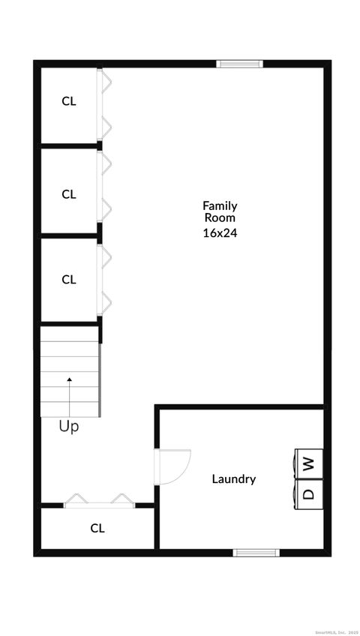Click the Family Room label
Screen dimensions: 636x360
pos(220,211)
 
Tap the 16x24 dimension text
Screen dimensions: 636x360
pos(220,232)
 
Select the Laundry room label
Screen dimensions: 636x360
pos(233,479)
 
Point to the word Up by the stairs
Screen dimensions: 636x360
pos(69,427)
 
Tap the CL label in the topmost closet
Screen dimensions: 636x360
pos(69,101)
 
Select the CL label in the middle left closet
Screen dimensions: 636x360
pos(69,194)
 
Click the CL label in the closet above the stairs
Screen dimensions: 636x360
pos(69,280)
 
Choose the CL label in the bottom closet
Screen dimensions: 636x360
pos(97,528)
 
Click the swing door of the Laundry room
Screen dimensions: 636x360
pos(172,465)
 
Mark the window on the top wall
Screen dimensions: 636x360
pos(239,64)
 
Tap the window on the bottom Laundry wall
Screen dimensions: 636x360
pos(256,553)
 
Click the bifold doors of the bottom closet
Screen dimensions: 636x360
pos(99,500)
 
